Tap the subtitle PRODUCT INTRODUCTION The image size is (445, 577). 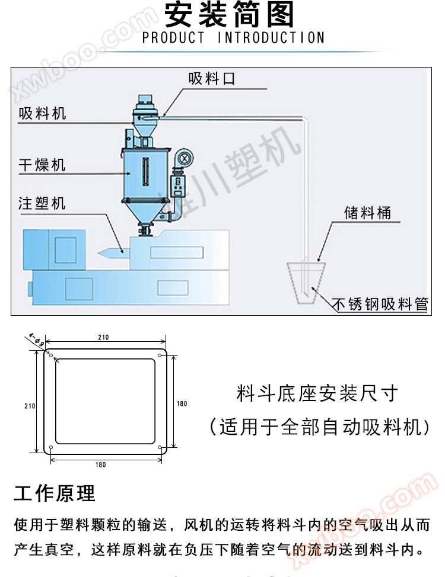234,38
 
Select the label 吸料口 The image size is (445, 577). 212,78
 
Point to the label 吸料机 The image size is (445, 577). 42,114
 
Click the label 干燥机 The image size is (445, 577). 42,165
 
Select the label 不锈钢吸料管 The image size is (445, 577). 380,304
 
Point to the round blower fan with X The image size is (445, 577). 185,158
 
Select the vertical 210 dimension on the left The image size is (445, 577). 30,406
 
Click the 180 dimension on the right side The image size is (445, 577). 182,404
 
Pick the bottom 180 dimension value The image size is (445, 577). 100,465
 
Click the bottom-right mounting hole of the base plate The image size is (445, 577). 161,447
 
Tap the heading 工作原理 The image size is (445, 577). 54,493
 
